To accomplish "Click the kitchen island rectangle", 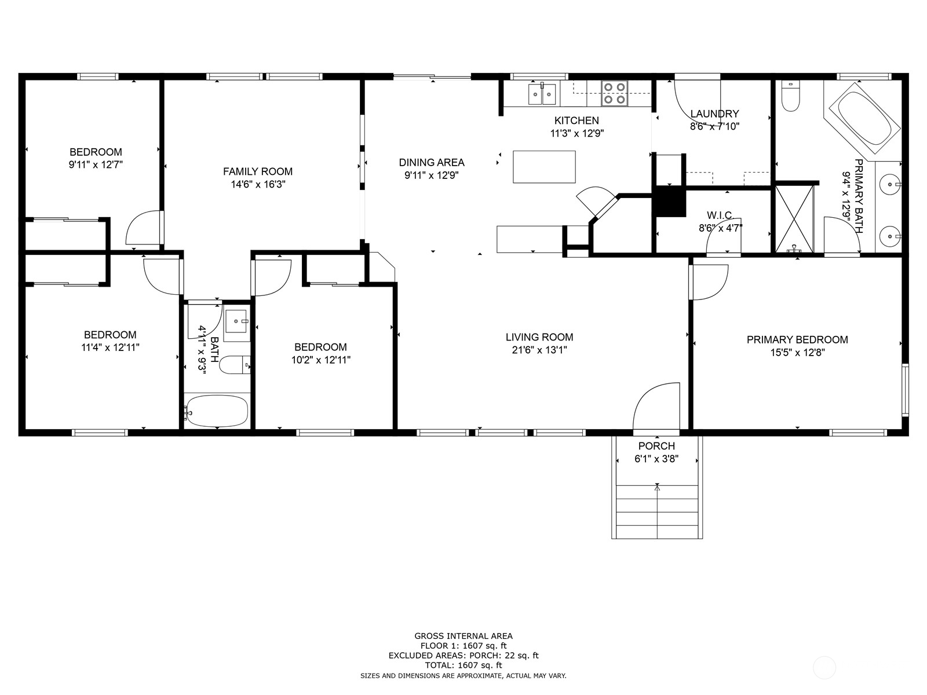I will coord(544,167).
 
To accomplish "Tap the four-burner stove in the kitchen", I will coord(614,93).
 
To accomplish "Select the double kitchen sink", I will coord(542,94).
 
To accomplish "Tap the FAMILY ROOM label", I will coord(258,171).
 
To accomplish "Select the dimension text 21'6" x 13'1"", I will coord(539,350).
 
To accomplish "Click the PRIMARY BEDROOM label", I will coord(797,340).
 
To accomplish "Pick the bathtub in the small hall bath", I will coord(217,411).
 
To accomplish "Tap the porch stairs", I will coord(656,513).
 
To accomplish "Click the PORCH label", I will coord(656,446).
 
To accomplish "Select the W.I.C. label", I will coord(720,215).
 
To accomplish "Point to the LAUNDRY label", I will coord(714,114).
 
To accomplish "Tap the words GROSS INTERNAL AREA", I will coord(463,636).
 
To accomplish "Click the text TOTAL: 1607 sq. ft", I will coord(463,665).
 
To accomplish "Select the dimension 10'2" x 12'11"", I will coord(320,360).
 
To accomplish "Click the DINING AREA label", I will coord(432,163).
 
